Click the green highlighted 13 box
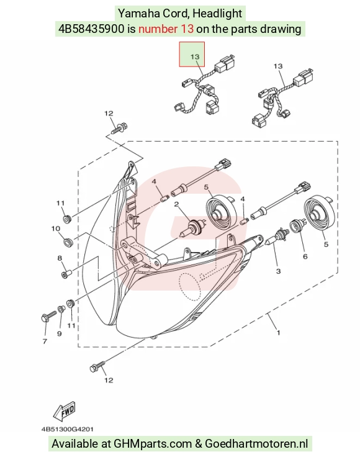pyautogui.click(x=192, y=54)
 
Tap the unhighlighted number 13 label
pyautogui.click(x=278, y=66)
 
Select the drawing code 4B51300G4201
pyautogui.click(x=67, y=429)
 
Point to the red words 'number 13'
pyautogui.click(x=166, y=29)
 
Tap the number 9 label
pyautogui.click(x=60, y=333)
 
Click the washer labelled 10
pyautogui.click(x=68, y=242)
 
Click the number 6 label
pyautogui.click(x=305, y=256)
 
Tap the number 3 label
pyautogui.click(x=278, y=271)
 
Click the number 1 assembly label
pyautogui.click(x=279, y=332)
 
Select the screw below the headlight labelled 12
pyautogui.click(x=97, y=366)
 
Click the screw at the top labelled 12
pyautogui.click(x=119, y=128)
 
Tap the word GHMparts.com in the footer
pyautogui.click(x=153, y=443)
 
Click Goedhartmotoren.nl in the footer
pyautogui.click(x=256, y=443)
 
